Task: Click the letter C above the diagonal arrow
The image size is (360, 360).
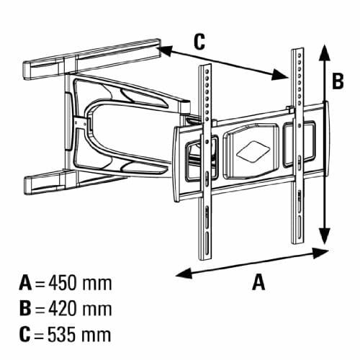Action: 199,42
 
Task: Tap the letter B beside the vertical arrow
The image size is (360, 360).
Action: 338,81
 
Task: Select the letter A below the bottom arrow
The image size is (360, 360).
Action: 258,282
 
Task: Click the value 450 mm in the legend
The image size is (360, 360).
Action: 80,284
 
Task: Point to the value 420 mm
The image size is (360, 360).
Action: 80,309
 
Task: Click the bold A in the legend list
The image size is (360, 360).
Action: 25,284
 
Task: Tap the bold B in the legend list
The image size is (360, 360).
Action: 25,309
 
